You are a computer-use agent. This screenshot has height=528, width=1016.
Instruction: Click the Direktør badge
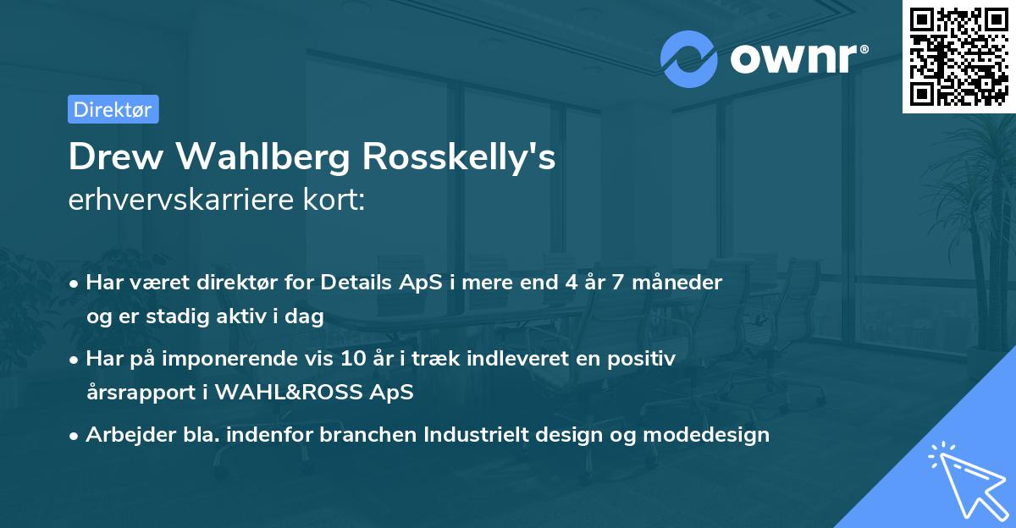point(113,109)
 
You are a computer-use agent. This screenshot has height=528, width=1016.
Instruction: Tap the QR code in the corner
point(958,56)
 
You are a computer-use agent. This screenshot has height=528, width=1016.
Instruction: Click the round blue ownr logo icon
point(688,58)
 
